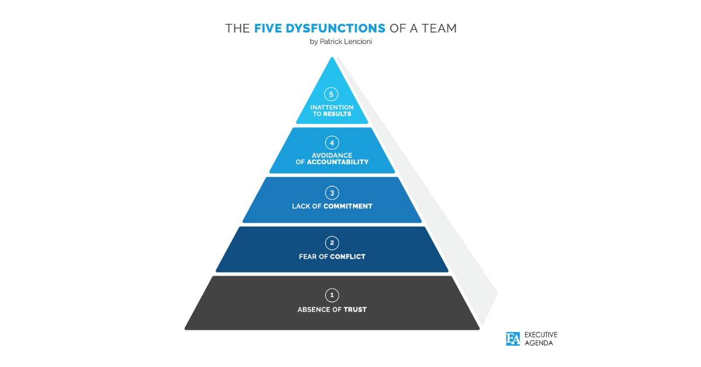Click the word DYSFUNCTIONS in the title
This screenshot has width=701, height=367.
pos(335,29)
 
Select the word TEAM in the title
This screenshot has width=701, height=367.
pos(439,29)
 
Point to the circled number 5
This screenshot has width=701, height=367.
pos(331,94)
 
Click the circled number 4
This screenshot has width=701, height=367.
pos(332,143)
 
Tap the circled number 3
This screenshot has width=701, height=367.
pos(332,193)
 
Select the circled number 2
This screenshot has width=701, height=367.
pos(332,243)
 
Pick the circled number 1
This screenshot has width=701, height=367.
pos(332,295)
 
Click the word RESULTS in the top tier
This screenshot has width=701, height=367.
pos(337,114)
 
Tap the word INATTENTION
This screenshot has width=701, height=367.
pos(332,108)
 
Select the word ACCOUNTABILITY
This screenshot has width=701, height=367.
pos(338,162)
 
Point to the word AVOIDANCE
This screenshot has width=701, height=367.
pos(332,155)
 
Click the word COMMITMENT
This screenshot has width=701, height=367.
pos(348,206)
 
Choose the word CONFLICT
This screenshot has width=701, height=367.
pos(348,257)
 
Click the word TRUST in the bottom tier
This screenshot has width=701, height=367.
pos(355,310)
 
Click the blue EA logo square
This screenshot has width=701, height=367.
pos(513,339)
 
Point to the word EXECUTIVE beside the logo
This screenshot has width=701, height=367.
pos(541,335)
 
